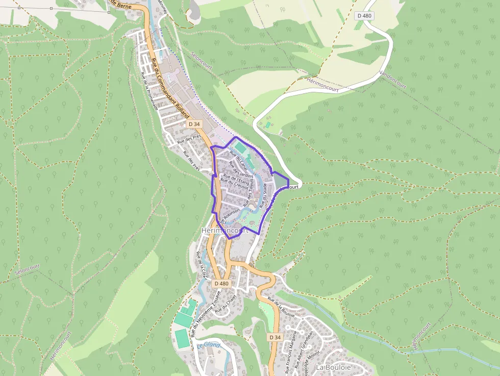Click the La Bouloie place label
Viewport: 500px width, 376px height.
[x=333, y=367]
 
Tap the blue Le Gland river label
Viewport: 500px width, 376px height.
[x=208, y=345]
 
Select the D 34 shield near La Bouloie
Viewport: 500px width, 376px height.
[x=274, y=337]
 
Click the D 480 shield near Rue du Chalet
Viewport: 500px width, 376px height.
[x=221, y=283]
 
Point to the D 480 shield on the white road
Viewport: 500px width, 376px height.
[x=365, y=16]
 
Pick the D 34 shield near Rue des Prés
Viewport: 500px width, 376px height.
[x=194, y=124]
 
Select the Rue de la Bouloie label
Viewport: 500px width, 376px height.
[x=281, y=307]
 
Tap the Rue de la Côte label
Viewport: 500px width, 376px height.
[x=202, y=265]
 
